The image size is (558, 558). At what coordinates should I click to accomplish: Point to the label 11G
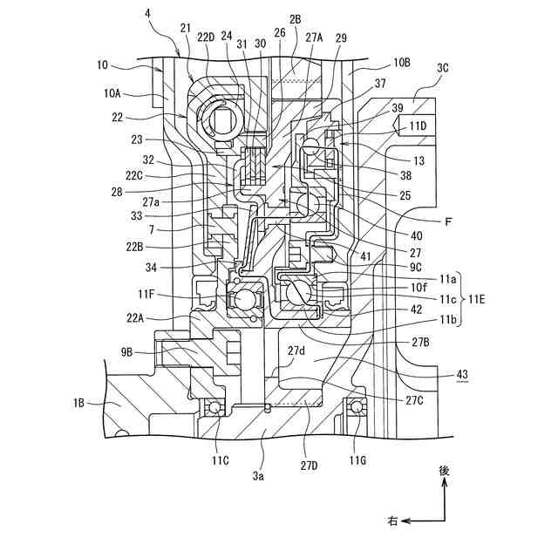pyautogui.click(x=357, y=459)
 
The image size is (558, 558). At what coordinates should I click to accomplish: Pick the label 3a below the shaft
pyautogui.click(x=258, y=477)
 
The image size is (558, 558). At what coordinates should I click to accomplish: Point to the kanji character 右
pyautogui.click(x=393, y=521)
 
